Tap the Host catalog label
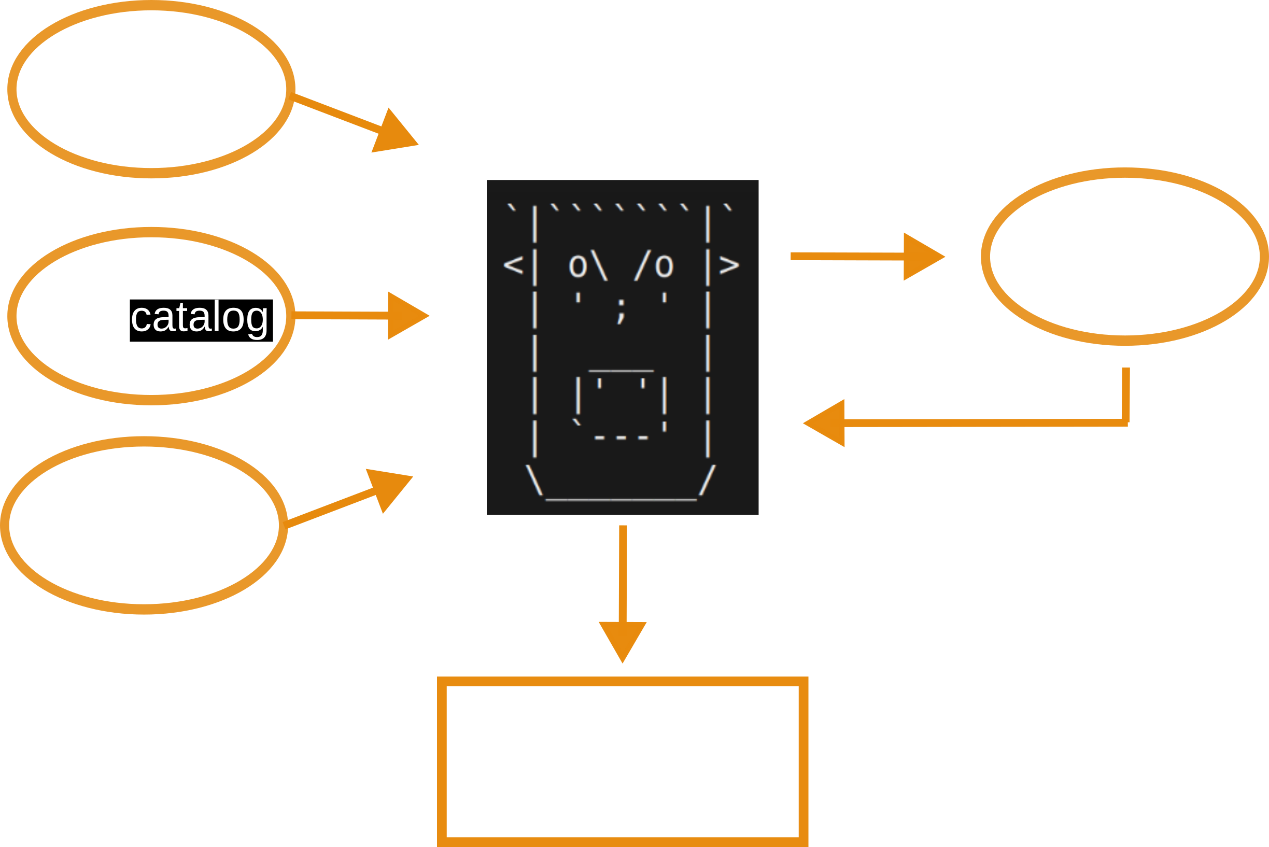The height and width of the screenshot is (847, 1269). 151,317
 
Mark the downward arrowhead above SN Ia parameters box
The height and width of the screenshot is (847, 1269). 623,641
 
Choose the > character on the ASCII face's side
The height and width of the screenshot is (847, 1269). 729,265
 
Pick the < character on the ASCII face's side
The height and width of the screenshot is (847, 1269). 513,265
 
